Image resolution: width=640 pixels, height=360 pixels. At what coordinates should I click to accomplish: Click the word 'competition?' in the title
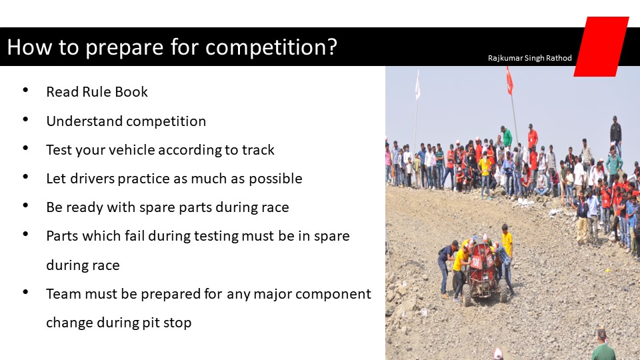271,47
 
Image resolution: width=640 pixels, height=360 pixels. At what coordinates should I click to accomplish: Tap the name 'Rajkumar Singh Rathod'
530,58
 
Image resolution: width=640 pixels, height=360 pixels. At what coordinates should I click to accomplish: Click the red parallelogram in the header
601,47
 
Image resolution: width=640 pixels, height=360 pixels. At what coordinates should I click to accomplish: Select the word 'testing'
216,236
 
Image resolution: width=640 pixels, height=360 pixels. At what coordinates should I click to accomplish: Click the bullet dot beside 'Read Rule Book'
26,90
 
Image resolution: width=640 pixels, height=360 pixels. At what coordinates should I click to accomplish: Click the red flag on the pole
509,81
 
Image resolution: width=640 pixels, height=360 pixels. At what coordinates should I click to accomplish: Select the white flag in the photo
417,85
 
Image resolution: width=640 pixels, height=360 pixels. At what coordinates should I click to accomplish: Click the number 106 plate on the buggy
476,261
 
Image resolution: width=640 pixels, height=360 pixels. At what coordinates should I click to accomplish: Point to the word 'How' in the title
29,47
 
